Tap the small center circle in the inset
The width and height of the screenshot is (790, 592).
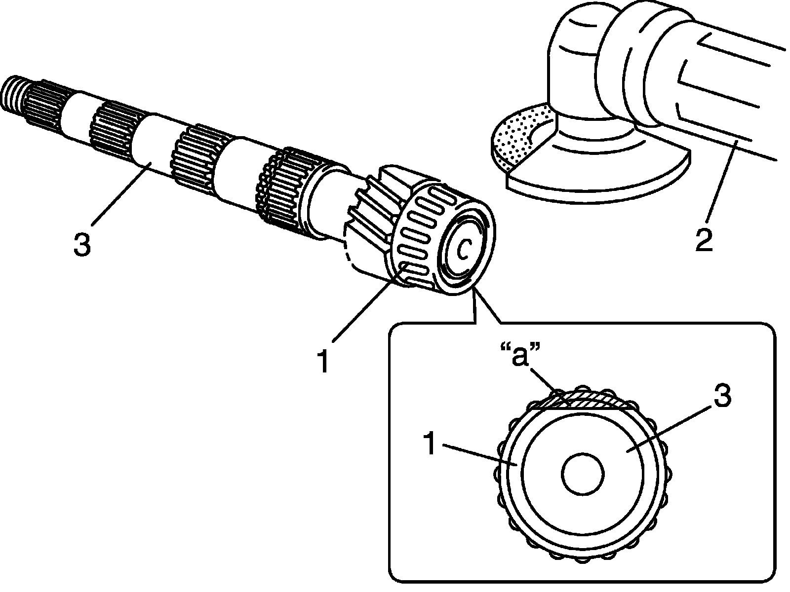[583, 474]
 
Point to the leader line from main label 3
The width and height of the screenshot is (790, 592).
[118, 195]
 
